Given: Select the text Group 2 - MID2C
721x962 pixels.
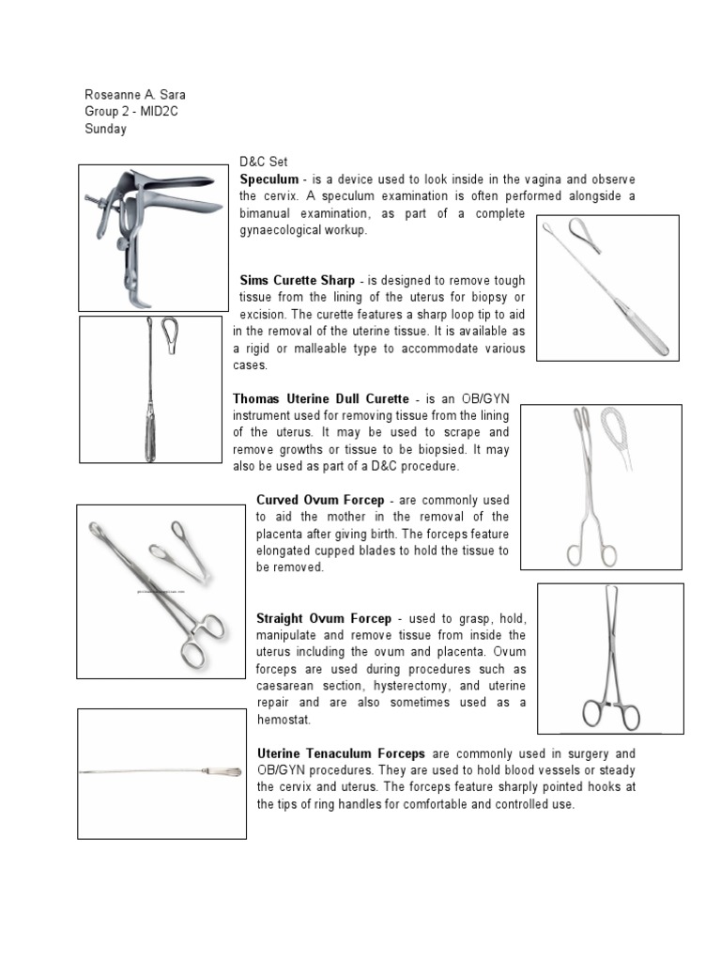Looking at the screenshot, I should (x=131, y=113).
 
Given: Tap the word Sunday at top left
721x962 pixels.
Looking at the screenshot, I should (x=105, y=130).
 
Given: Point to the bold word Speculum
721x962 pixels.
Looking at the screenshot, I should (x=268, y=178).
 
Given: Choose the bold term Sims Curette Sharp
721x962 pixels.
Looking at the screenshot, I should (x=298, y=281).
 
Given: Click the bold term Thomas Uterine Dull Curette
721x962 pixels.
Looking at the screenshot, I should (x=320, y=398).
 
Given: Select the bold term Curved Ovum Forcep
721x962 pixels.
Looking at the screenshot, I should (x=315, y=500).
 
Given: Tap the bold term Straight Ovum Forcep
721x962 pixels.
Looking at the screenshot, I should (x=322, y=618).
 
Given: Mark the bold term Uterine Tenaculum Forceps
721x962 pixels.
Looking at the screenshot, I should (x=341, y=754).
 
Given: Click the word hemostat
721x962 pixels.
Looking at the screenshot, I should (x=284, y=720).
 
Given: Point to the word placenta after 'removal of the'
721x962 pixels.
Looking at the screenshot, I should (x=276, y=534).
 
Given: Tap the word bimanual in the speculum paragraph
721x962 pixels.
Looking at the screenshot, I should (x=265, y=212).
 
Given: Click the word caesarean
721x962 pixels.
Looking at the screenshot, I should (x=285, y=686).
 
